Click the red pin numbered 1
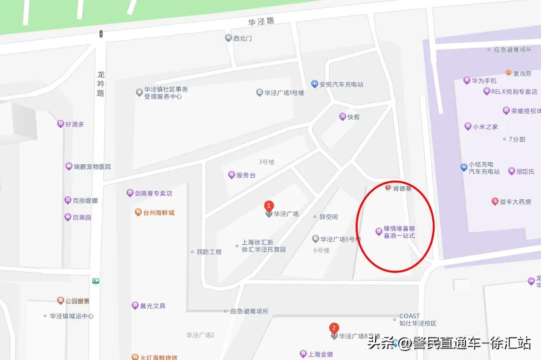(x=269, y=206)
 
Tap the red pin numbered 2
(x=334, y=328)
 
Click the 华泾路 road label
(x=261, y=23)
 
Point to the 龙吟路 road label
(x=101, y=84)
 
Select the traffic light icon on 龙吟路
(x=101, y=34)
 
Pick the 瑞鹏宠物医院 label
(x=88, y=167)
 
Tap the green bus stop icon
(x=96, y=281)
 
